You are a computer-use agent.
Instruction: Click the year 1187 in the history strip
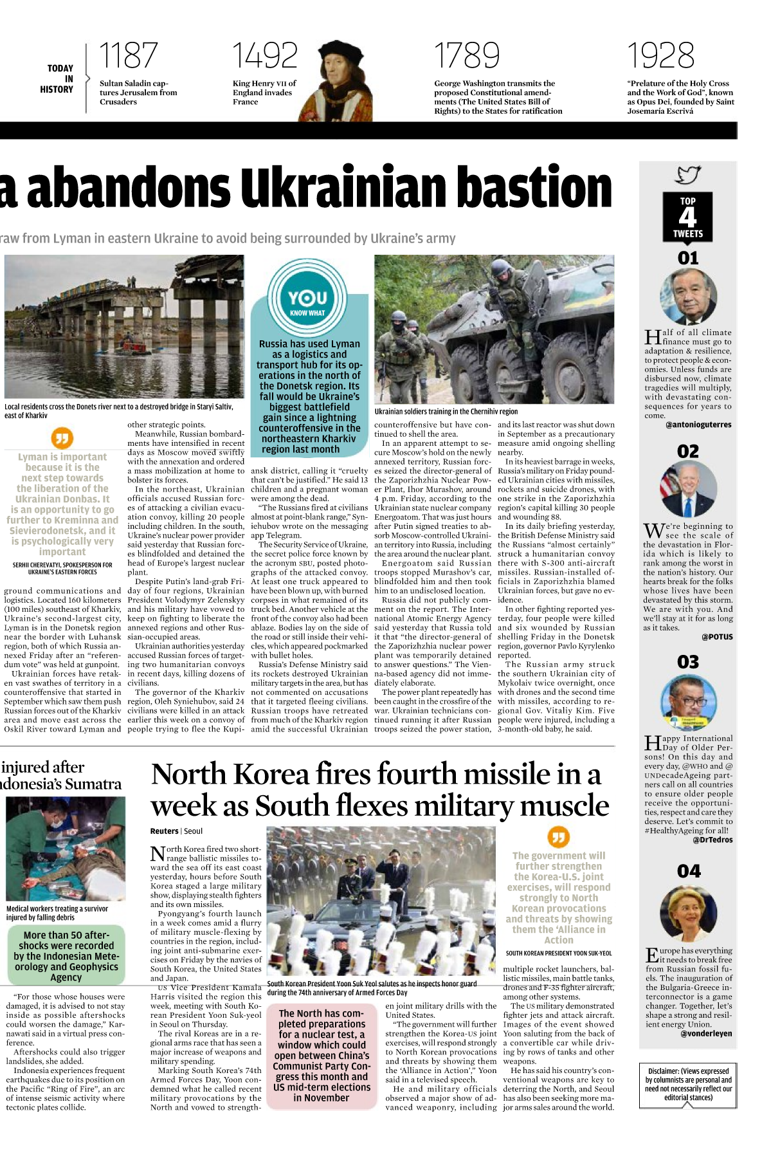click(128, 55)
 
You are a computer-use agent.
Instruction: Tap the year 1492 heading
click(264, 55)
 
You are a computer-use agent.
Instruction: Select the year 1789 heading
click(466, 55)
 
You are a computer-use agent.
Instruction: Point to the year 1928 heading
click(660, 55)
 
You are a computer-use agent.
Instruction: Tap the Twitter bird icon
click(688, 174)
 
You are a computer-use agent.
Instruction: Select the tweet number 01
click(688, 258)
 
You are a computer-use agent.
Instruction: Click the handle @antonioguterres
click(698, 425)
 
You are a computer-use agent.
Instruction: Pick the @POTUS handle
click(717, 637)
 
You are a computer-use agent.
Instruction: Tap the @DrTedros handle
click(712, 840)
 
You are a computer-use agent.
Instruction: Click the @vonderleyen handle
click(706, 1034)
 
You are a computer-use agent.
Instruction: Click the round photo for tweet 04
click(688, 914)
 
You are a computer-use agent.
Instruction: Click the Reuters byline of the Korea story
click(165, 831)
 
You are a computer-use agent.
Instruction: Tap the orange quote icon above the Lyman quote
click(62, 439)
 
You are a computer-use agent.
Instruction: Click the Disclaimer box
click(688, 1085)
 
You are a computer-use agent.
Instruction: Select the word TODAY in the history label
click(60, 68)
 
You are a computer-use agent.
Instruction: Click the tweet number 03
click(688, 662)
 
